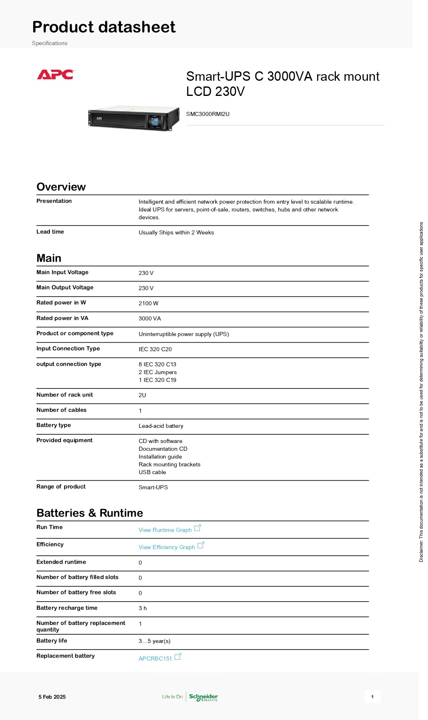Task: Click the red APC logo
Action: tap(55, 75)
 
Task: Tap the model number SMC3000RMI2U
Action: tap(207, 114)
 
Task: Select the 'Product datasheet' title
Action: tap(104, 27)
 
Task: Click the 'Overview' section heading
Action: tap(61, 187)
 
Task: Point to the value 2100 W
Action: tap(148, 303)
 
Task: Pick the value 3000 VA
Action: tap(150, 318)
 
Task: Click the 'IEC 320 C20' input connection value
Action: tap(155, 349)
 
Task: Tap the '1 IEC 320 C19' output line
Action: tap(158, 380)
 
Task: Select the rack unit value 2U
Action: tap(142, 395)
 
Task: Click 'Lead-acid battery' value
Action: tap(161, 426)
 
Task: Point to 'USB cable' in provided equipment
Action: tap(152, 472)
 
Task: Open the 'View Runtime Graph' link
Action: tap(165, 530)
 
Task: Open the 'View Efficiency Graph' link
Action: tap(167, 547)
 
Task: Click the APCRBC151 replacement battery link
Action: tap(155, 659)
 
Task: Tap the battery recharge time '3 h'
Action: tap(142, 608)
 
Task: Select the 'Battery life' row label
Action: tap(52, 641)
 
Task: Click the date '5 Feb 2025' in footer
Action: tap(52, 697)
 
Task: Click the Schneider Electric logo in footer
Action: tap(203, 697)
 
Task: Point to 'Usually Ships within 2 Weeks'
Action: tap(176, 232)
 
